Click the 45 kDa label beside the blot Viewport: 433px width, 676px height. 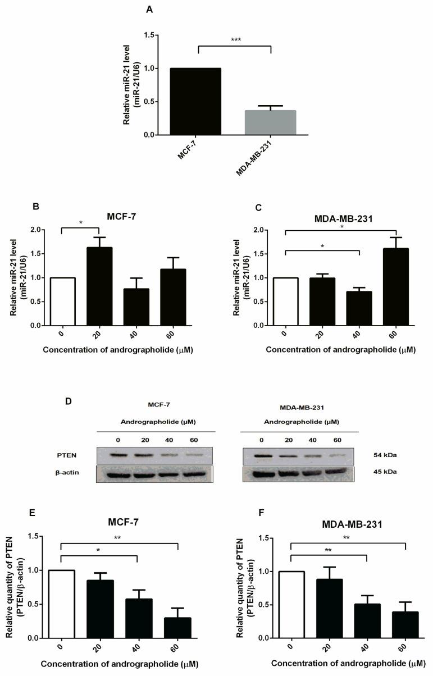tap(385, 472)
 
